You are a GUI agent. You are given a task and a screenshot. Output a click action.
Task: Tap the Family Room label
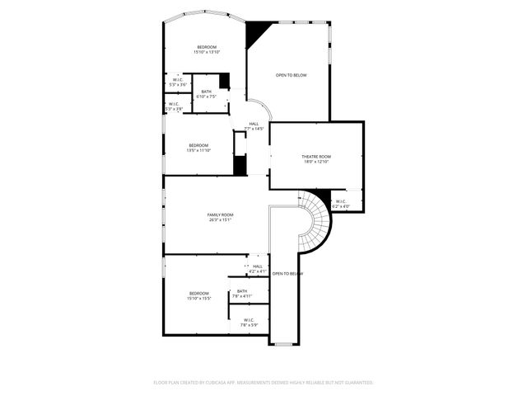[220, 217]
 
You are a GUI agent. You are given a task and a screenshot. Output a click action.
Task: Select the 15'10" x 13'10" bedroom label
[207, 49]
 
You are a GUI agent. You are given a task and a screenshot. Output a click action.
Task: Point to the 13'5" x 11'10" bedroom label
[198, 148]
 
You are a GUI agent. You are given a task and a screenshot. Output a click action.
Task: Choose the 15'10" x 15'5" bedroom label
[199, 295]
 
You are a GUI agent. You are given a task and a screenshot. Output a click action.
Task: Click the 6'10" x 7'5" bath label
[206, 94]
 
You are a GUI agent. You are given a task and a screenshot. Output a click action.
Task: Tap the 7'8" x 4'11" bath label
[242, 293]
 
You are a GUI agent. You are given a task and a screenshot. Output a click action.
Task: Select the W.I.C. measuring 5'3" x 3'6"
[178, 82]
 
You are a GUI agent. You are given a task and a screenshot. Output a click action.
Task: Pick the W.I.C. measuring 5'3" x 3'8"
[174, 106]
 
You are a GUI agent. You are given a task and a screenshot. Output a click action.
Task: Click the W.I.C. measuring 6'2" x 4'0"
[341, 204]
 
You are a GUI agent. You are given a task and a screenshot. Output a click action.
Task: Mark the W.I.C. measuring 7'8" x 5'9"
[249, 322]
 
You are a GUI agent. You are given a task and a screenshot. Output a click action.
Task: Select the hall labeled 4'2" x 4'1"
[257, 268]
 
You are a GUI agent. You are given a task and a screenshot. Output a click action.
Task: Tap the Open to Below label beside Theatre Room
[291, 75]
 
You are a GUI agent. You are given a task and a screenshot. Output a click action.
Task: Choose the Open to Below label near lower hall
[287, 273]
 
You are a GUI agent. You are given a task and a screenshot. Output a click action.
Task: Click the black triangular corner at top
[257, 32]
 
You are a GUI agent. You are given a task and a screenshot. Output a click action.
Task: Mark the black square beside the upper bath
[224, 82]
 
